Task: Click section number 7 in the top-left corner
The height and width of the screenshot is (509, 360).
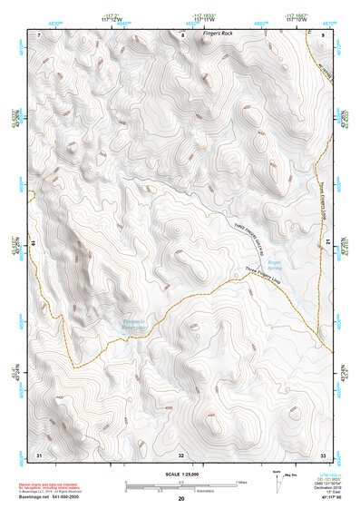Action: (40, 34)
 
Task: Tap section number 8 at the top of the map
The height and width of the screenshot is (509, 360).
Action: (181, 34)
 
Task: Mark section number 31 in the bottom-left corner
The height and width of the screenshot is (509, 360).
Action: (39, 454)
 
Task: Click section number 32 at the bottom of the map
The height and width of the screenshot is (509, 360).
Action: (181, 454)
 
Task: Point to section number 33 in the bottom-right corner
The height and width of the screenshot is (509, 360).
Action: (323, 454)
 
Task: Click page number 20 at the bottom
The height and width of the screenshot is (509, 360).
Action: (181, 500)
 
